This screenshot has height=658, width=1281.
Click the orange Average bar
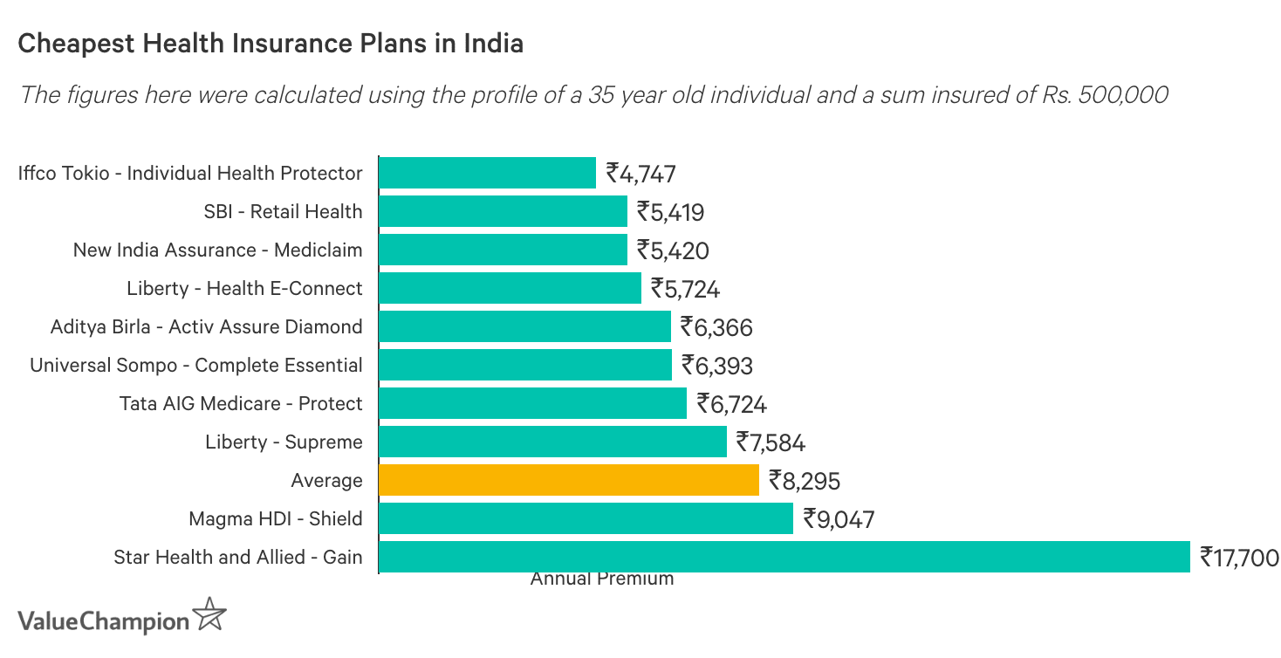(569, 480)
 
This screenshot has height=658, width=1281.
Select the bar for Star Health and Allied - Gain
(784, 557)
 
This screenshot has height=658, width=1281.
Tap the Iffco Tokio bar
(487, 173)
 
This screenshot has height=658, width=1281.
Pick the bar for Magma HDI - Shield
(586, 518)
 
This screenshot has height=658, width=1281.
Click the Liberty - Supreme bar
(552, 442)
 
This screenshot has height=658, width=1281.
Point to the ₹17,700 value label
(1239, 557)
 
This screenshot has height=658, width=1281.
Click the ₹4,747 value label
(641, 174)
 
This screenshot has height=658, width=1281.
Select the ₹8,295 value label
(804, 481)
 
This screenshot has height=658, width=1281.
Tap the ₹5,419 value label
(670, 212)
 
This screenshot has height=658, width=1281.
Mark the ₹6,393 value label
(717, 365)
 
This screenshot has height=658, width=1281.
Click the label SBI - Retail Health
(283, 211)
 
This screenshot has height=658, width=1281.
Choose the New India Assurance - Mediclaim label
(217, 250)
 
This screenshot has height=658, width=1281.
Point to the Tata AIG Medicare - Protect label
(241, 403)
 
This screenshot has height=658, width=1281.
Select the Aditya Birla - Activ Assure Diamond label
(206, 326)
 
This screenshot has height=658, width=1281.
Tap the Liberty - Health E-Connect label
(244, 288)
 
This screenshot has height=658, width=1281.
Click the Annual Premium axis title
(602, 579)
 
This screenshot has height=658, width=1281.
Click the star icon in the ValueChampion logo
(209, 615)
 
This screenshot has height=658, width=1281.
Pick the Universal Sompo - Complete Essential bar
(525, 365)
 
